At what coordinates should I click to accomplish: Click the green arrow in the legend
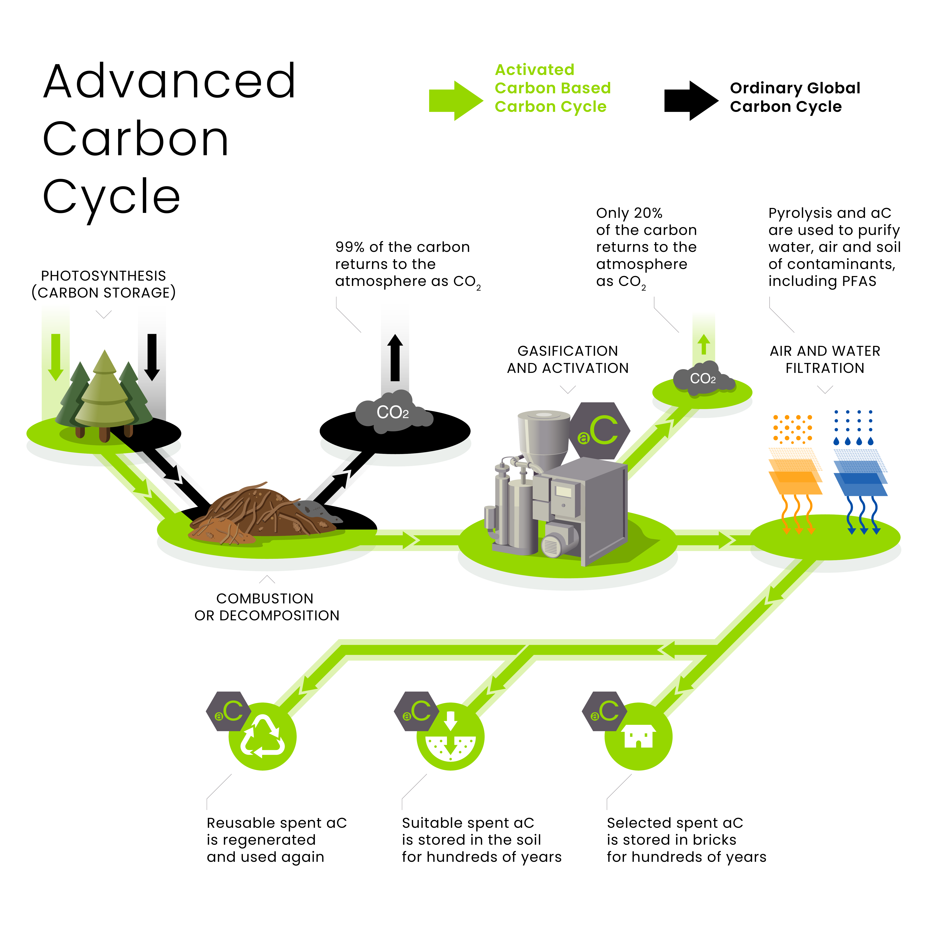click(455, 100)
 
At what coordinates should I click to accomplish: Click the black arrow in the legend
click(690, 100)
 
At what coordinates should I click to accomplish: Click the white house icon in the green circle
click(638, 736)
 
